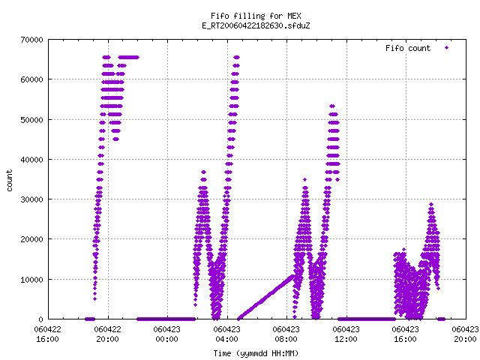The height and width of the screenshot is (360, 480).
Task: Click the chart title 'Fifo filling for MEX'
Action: click(256, 16)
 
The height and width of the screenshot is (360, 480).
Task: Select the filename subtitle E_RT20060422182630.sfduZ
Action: click(256, 25)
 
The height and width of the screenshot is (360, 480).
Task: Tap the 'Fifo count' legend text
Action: click(408, 48)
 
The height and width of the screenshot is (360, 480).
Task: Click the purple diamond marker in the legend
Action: click(447, 47)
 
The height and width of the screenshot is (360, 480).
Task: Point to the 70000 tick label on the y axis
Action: click(31, 40)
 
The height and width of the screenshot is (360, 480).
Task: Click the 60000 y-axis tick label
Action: click(31, 79)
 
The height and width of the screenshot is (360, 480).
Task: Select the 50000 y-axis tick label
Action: click(31, 120)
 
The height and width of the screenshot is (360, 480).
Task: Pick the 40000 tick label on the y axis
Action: click(31, 160)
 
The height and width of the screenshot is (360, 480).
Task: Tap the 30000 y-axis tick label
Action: click(31, 199)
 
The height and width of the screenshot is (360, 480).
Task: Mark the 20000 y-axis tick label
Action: click(31, 239)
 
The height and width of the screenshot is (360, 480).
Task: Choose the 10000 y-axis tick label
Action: click(31, 280)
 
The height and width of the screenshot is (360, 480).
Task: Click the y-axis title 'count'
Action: click(9, 181)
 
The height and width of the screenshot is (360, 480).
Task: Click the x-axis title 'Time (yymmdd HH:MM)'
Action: click(256, 353)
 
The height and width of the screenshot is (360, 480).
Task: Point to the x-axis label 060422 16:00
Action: click(47, 334)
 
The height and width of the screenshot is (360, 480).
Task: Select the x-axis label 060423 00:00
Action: click(166, 334)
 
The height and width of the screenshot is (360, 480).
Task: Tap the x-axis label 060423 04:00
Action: click(226, 334)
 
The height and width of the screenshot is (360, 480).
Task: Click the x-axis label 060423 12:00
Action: click(346, 334)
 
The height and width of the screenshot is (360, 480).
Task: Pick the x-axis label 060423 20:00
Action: click(465, 334)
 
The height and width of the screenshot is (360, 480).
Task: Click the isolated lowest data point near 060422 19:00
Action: click(95, 298)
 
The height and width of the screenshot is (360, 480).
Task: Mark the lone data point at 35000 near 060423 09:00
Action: click(304, 180)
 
